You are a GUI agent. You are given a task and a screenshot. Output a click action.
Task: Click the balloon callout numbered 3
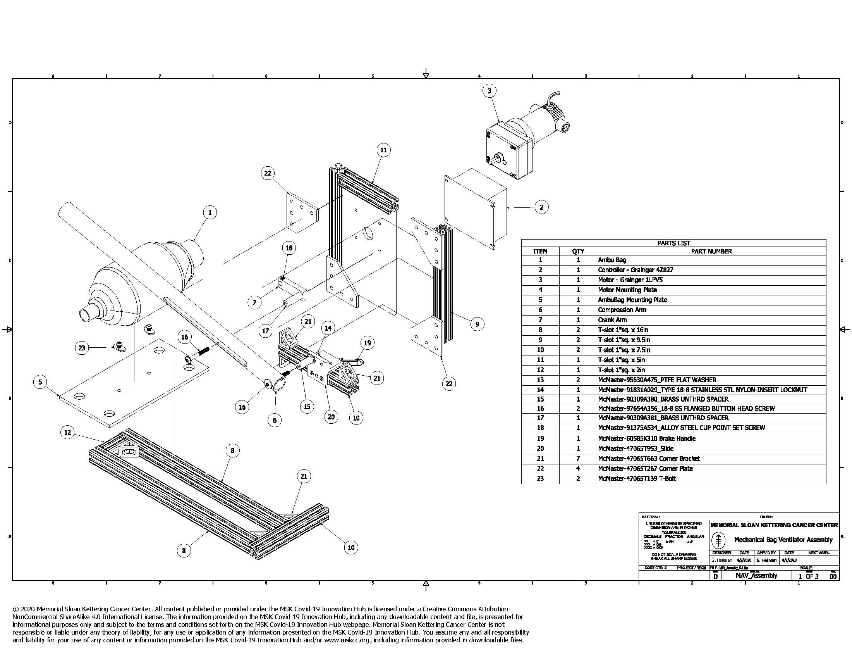(x=489, y=91)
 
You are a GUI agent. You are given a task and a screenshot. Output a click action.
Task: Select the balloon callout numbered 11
(x=383, y=150)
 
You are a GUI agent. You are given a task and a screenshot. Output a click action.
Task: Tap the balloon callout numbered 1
(x=210, y=212)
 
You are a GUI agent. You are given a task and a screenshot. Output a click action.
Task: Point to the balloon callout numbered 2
(x=541, y=207)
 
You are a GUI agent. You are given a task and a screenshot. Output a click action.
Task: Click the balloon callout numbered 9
(x=477, y=324)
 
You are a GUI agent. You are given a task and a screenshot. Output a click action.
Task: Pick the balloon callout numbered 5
(x=40, y=382)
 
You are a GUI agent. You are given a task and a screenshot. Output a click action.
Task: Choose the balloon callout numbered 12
(x=68, y=432)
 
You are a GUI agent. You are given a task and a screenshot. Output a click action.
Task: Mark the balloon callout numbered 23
(x=82, y=348)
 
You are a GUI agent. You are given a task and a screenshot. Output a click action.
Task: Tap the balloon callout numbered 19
(x=367, y=343)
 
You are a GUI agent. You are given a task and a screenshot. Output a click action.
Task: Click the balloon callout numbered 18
(x=289, y=248)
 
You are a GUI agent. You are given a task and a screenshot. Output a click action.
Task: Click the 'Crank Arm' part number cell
(x=613, y=320)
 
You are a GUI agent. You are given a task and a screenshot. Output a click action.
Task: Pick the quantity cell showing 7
(x=578, y=459)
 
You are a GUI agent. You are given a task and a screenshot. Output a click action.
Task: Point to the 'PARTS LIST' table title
(x=673, y=243)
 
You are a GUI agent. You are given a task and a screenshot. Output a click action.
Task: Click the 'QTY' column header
(x=578, y=252)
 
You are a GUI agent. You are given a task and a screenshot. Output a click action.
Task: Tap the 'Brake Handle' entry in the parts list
(x=646, y=439)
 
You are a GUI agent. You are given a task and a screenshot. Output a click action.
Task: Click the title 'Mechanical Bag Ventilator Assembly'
(x=783, y=540)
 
